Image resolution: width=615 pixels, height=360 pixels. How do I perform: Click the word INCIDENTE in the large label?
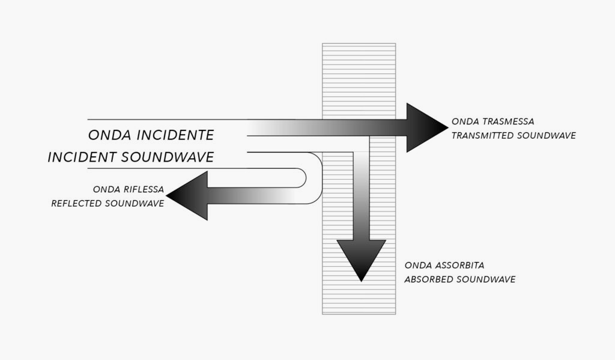pyautogui.click(x=175, y=135)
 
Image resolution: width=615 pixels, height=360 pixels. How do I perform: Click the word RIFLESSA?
pyautogui.click(x=144, y=189)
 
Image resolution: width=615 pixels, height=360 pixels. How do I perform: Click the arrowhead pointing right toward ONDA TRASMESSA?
pyautogui.click(x=427, y=127)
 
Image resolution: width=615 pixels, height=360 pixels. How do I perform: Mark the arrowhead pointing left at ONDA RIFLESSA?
pyautogui.click(x=187, y=195)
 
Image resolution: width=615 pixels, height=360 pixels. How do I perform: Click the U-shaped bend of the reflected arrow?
pyautogui.click(x=314, y=178)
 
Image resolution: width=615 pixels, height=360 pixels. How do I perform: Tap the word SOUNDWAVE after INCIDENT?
pyautogui.click(x=168, y=157)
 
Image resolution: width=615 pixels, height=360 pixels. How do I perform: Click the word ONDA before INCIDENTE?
pyautogui.click(x=109, y=135)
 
